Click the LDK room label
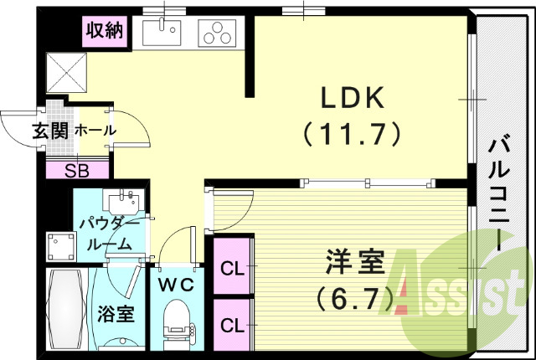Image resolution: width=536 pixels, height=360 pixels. (x=351, y=99)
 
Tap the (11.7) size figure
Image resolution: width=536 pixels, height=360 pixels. (x=351, y=132)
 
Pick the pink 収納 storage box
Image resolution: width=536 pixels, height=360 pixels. (x=105, y=32)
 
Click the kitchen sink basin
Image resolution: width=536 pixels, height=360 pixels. (x=162, y=33)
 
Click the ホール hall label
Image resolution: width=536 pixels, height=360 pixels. (x=95, y=131)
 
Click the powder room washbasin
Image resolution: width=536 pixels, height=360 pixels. (x=123, y=203)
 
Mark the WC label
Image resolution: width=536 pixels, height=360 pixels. (x=178, y=284)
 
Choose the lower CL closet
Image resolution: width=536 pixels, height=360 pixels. (x=234, y=322)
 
